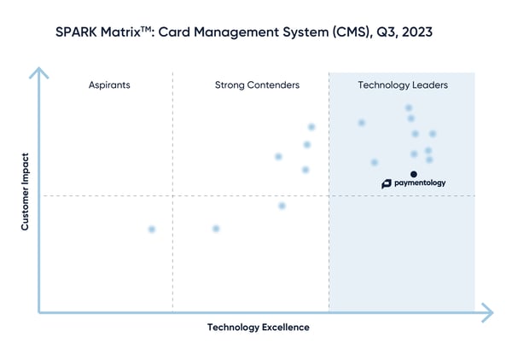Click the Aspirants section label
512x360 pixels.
[x=108, y=85]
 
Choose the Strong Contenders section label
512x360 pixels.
[x=257, y=85]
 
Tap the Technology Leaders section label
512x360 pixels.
[x=402, y=85]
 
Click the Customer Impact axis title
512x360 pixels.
[x=25, y=192]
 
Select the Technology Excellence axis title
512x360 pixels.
[x=258, y=328]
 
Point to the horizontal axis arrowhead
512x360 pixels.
[x=487, y=312]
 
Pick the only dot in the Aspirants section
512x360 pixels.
[x=152, y=229]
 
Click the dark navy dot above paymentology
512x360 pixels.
[x=414, y=174]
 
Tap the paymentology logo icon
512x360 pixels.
[x=387, y=183]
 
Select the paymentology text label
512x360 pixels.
[x=420, y=183]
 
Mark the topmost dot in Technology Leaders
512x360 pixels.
[x=409, y=108]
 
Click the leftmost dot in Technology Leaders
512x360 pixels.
[x=362, y=123]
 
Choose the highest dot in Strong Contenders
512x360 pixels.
[x=311, y=127]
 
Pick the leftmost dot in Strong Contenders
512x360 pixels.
[x=216, y=229]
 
